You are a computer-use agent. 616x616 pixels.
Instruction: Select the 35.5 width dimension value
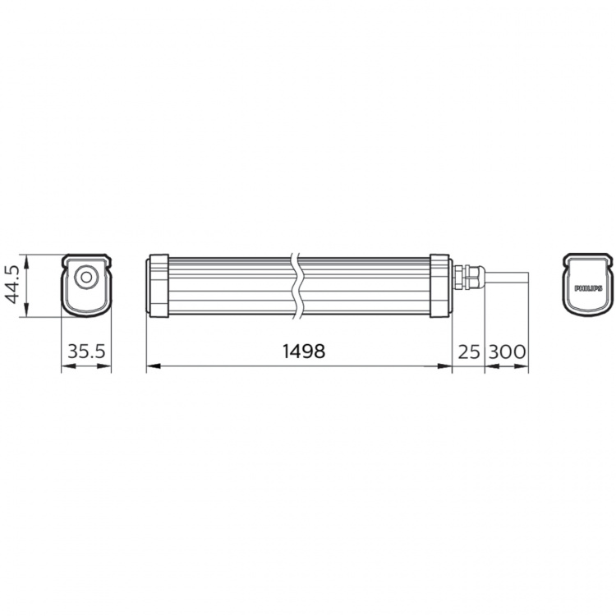pos(86,352)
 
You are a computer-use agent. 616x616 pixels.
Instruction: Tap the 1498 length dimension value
pos(304,351)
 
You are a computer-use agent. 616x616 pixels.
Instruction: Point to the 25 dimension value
pos(468,352)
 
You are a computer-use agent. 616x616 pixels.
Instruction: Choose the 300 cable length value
pos(507,352)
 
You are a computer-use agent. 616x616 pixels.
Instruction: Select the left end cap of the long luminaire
pos(158,285)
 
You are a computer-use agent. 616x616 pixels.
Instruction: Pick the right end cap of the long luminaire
pos(440,285)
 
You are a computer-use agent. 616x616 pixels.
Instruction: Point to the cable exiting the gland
pos(505,278)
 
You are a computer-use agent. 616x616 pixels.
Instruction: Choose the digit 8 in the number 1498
pos(319,351)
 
